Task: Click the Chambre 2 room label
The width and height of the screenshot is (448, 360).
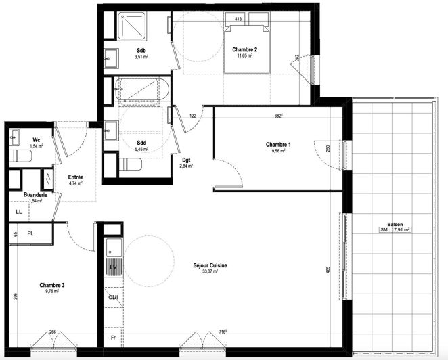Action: coord(243,50)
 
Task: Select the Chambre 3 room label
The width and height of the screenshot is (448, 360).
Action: coord(51,285)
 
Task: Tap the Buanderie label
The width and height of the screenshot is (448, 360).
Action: coord(34,194)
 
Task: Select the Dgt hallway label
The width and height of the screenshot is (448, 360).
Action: coord(185,160)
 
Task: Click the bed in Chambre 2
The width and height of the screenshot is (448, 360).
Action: coord(246,49)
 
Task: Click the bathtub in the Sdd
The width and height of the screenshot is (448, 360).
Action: coord(139,91)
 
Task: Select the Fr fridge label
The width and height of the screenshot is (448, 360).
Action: coord(113,336)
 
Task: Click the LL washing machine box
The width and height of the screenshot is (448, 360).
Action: coord(19,212)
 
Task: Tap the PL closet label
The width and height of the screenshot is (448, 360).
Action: coord(30,233)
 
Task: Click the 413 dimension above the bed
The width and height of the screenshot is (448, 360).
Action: coord(238,20)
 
